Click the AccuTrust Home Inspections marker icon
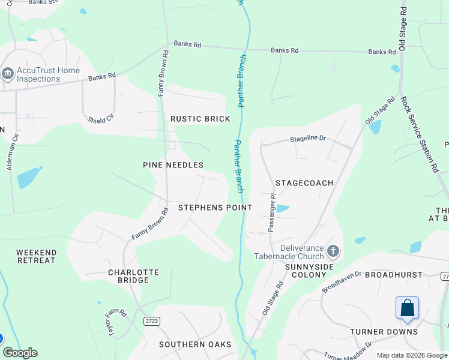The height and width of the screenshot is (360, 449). tap(8, 74)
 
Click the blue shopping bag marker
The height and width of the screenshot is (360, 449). tap(407, 308)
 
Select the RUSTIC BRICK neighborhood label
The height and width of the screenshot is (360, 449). tap(200, 119)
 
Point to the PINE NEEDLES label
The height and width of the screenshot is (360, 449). tap(173, 164)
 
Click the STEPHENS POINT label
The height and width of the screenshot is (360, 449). tap(215, 207)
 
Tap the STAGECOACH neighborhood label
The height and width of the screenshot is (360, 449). tap(304, 182)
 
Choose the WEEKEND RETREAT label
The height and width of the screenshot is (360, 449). tap(36, 256)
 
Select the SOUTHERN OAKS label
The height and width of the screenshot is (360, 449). tap(195, 344)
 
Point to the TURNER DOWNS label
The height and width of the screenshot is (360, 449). tap(384, 331)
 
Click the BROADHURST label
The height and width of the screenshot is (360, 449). tap(394, 274)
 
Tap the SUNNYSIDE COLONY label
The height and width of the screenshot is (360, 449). tap(309, 271)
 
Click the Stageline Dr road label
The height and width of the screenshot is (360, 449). tap(308, 139)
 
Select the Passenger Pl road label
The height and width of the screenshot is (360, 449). tap(271, 212)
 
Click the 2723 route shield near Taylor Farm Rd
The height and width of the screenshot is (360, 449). tap(152, 322)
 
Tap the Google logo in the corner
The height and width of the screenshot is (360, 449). tap(20, 353)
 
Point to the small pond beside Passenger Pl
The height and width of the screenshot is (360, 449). tap(282, 209)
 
